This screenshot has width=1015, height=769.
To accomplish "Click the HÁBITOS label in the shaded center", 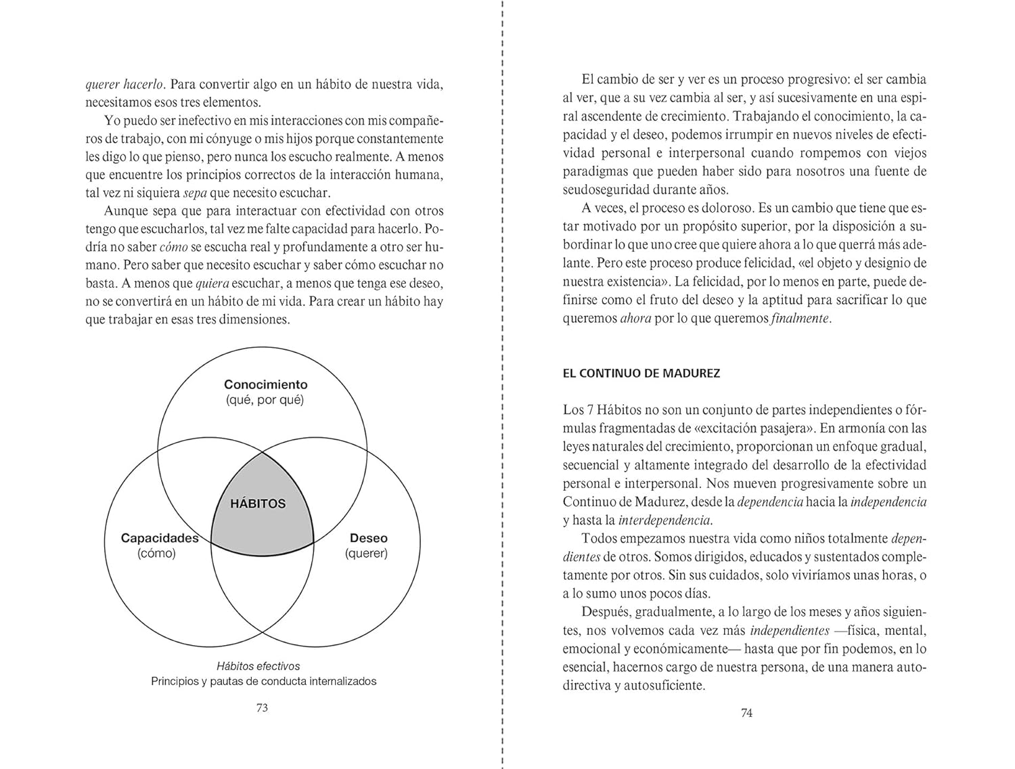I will pyautogui.click(x=258, y=504).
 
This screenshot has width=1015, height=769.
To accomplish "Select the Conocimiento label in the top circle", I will pyautogui.click(x=265, y=384).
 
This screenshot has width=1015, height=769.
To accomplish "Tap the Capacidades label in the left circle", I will pyautogui.click(x=159, y=538).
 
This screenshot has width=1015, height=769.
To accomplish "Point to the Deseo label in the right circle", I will pyautogui.click(x=368, y=538).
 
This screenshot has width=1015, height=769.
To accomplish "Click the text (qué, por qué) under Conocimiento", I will pyautogui.click(x=265, y=400).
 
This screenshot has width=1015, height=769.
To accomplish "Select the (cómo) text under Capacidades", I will pyautogui.click(x=156, y=553).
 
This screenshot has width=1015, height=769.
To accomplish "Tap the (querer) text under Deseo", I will pyautogui.click(x=366, y=553).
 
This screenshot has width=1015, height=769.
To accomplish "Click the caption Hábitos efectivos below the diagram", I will pyautogui.click(x=258, y=666).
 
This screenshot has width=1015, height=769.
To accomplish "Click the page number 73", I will pyautogui.click(x=263, y=707).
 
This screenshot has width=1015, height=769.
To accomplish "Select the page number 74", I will pyautogui.click(x=746, y=713).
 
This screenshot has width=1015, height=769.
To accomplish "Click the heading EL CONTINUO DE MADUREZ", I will pyautogui.click(x=641, y=373).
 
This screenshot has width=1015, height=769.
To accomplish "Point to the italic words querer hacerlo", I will pyautogui.click(x=125, y=85).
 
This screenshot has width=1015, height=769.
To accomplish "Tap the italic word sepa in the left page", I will pyautogui.click(x=195, y=192).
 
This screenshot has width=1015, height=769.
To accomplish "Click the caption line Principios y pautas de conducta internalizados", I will pyautogui.click(x=263, y=681).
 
